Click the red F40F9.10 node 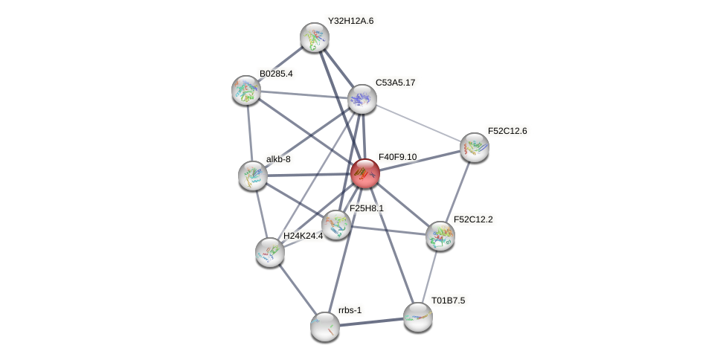click(364, 173)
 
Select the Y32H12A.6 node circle click(315, 37)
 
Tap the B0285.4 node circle click(246, 90)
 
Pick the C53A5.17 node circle click(362, 99)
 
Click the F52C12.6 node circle click(474, 147)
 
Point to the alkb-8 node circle click(253, 176)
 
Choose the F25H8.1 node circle click(335, 225)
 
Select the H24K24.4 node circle click(270, 252)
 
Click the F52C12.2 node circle click(440, 236)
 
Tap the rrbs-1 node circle click(325, 326)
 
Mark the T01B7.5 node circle click(417, 317)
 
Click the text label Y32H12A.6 click(350, 21)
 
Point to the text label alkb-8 click(278, 158)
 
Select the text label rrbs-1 click(349, 310)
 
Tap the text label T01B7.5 click(448, 300)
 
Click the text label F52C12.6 click(507, 131)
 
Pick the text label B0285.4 click(276, 74)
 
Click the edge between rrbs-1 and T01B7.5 click(371, 321)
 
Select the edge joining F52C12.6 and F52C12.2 click(457, 192)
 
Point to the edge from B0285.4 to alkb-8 click(249, 132)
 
